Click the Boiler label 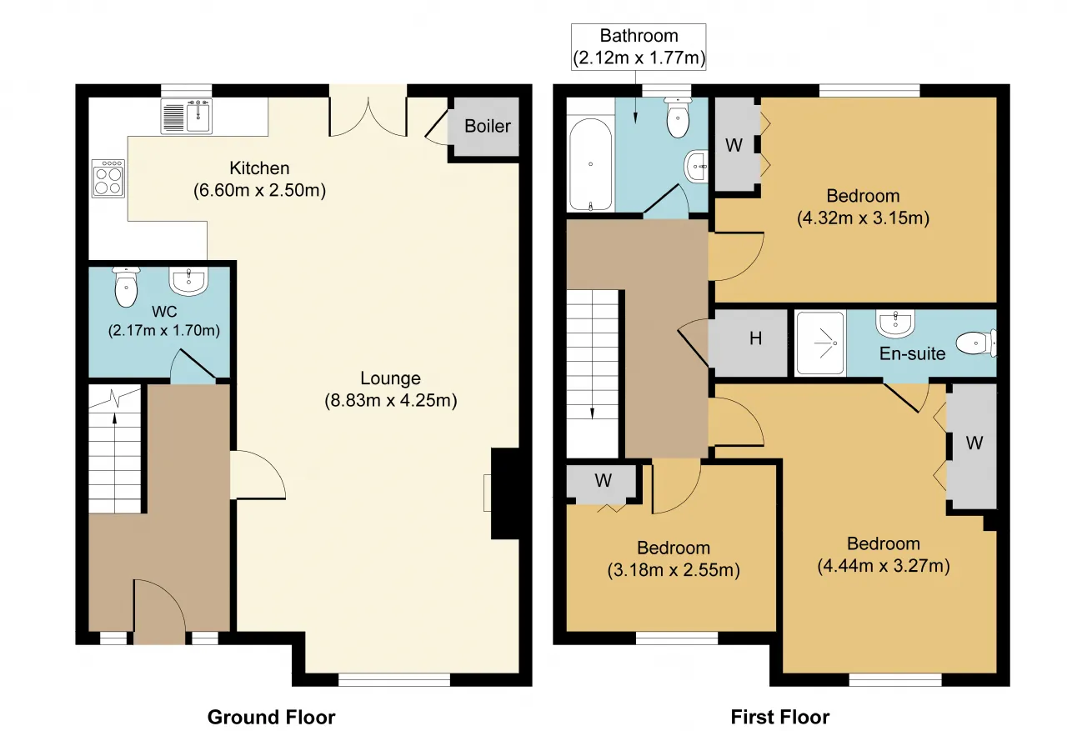488,126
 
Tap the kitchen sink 186,116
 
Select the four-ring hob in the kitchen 108,178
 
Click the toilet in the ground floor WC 126,287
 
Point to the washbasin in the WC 188,281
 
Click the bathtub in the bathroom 591,164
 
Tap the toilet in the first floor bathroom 678,118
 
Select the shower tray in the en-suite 820,343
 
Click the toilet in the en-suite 976,343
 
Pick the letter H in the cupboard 755,338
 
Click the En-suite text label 912,354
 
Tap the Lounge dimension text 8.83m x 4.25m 391,400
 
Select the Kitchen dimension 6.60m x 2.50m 259,191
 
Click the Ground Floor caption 271,717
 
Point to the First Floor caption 780,717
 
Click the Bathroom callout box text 639,47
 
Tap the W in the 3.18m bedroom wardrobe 603,480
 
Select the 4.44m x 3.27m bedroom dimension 884,566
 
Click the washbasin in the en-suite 895,324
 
